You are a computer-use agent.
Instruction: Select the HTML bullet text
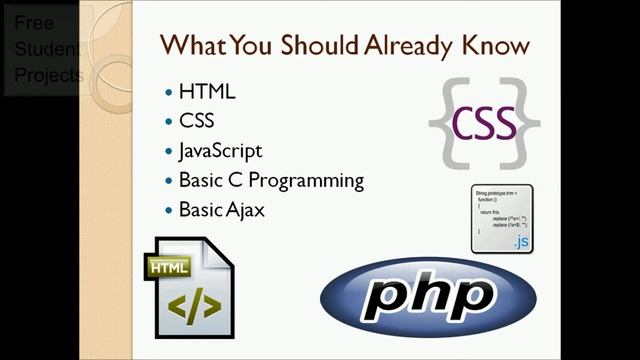click(x=207, y=92)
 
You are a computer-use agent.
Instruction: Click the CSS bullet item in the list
click(x=197, y=122)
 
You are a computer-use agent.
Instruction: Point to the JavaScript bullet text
click(x=220, y=151)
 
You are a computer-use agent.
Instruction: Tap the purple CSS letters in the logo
click(x=484, y=123)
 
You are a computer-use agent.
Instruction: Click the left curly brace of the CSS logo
click(x=440, y=123)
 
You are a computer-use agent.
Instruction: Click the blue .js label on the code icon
click(x=520, y=241)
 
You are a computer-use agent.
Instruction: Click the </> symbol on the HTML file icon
click(x=192, y=305)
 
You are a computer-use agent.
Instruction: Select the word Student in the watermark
click(x=41, y=49)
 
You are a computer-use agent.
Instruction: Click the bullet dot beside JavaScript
click(x=168, y=152)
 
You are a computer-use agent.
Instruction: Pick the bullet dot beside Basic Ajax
click(x=168, y=211)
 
